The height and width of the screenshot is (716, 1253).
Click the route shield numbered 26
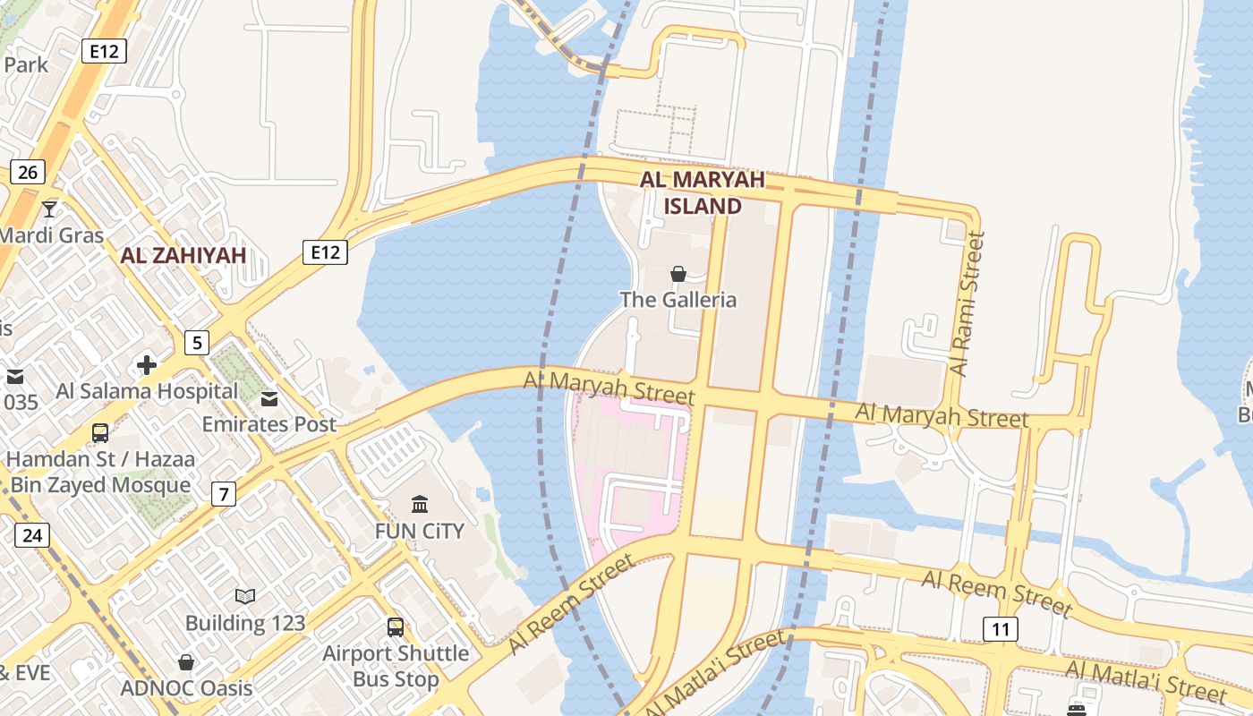28,172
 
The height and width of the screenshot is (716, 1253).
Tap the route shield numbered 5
197,342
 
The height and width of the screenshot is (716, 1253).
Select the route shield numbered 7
223,493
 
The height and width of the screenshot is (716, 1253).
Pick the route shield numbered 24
32,535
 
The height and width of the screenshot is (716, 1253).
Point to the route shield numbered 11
1000,629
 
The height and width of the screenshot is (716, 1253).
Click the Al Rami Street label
967,304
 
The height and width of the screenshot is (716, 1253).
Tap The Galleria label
678,300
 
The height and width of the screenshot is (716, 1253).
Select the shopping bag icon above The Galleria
678,274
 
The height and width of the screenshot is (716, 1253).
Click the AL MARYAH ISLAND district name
703,192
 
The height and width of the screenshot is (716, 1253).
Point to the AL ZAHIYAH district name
183,256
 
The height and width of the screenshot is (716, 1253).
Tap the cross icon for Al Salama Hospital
147,365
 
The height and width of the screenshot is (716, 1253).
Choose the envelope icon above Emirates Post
269,398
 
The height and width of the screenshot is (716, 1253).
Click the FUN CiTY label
420,531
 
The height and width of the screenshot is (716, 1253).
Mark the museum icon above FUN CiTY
420,504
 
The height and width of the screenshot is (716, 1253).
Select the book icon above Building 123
245,596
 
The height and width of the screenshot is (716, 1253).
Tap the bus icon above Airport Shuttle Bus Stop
396,626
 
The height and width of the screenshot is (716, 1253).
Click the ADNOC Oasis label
187,688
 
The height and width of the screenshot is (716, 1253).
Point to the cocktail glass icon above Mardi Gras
49,209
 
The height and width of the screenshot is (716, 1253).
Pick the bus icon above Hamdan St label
100,433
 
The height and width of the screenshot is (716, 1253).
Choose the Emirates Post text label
269,424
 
